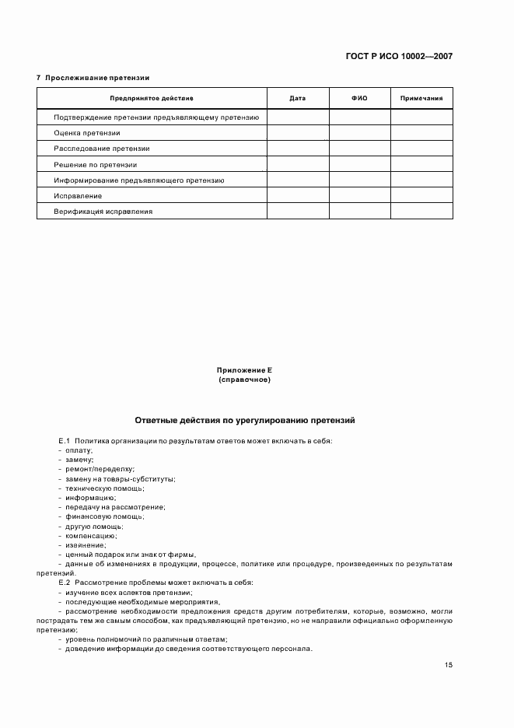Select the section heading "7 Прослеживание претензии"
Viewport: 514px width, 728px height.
[x=93, y=78]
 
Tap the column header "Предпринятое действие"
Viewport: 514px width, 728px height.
[x=152, y=99]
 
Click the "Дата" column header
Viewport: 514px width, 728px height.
[x=297, y=99]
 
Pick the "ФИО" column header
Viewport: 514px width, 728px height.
[x=359, y=99]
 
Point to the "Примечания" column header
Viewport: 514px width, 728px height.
[x=421, y=99]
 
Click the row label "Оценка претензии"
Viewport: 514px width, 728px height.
[x=87, y=133]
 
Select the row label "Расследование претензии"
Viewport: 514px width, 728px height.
[x=102, y=149]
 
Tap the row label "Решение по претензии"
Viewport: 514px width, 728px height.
[x=96, y=165]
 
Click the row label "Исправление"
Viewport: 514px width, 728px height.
[x=78, y=196]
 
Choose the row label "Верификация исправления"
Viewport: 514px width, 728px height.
[x=103, y=212]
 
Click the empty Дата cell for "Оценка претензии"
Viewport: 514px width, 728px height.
[x=297, y=133]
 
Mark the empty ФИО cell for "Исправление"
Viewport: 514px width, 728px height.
[x=359, y=196]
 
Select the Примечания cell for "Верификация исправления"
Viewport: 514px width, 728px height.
[x=421, y=212]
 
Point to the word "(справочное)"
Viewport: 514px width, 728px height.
[x=244, y=380]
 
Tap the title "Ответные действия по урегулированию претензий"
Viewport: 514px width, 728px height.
[x=244, y=419]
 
